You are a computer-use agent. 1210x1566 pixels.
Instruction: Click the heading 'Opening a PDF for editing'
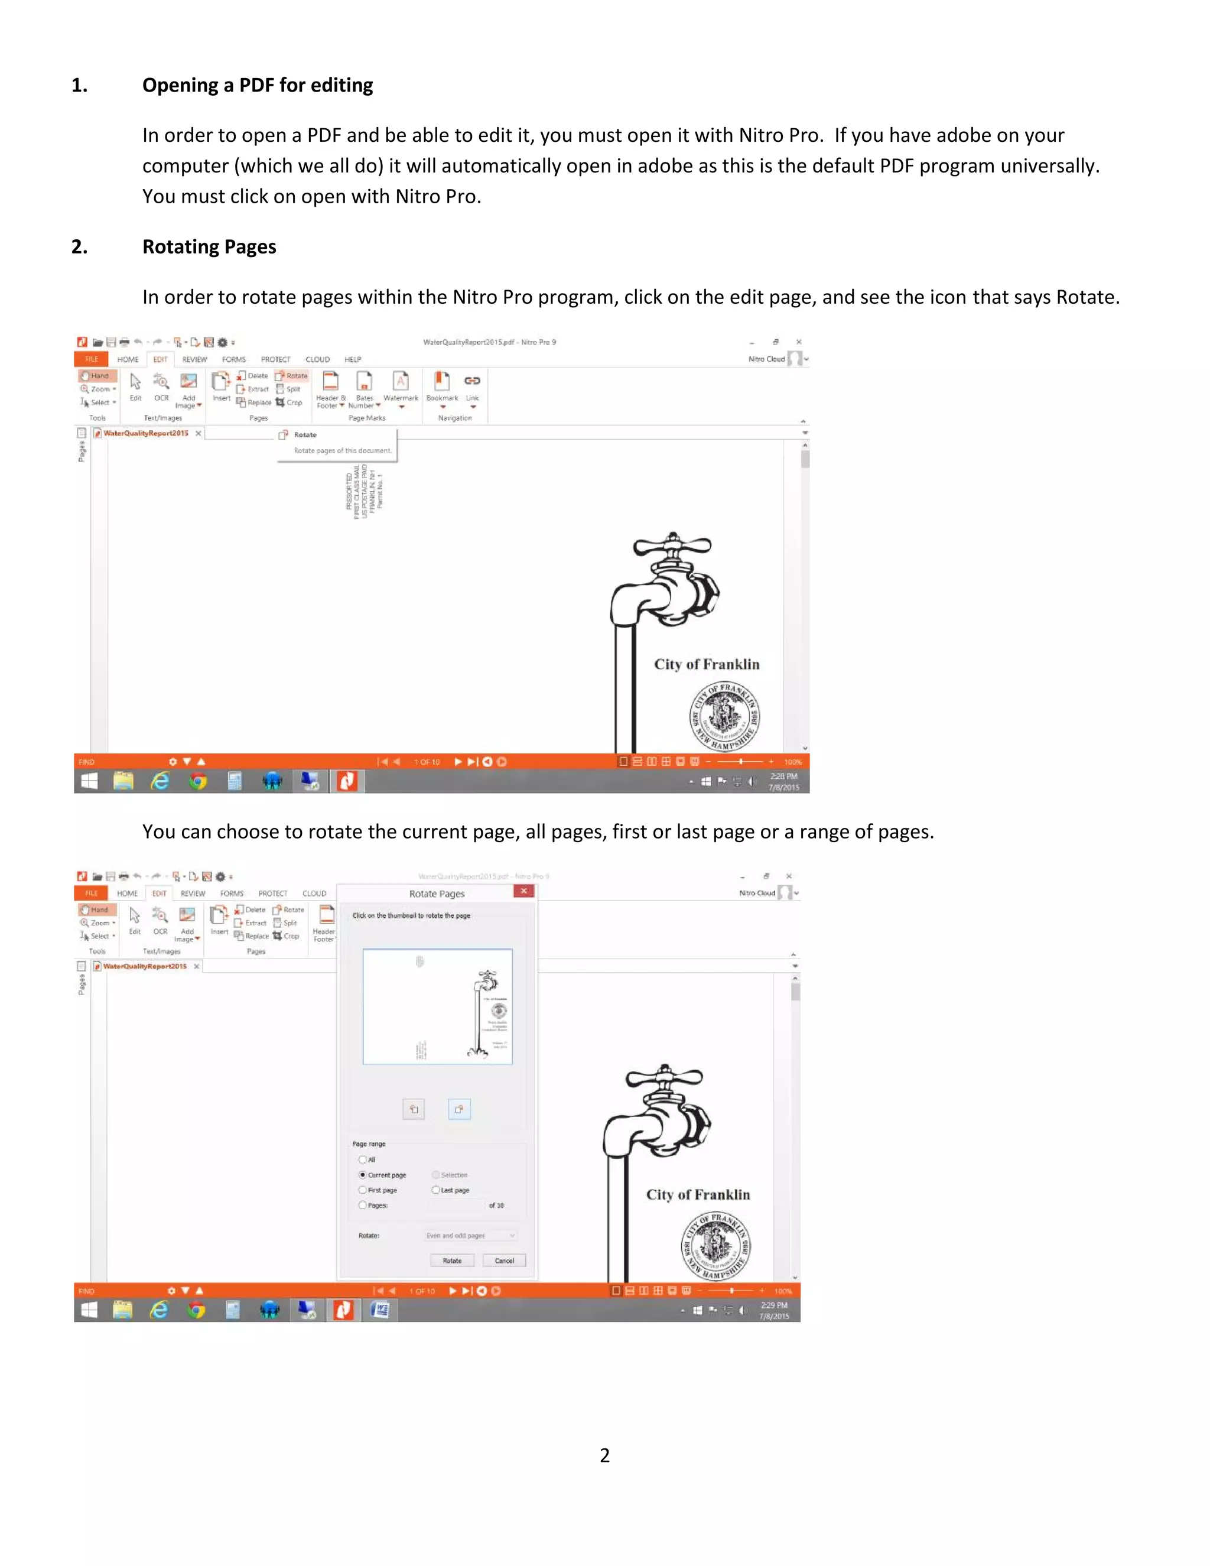point(258,85)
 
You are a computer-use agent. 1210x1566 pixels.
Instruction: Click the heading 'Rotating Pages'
point(209,246)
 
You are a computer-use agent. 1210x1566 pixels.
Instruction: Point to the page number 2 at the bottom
point(604,1455)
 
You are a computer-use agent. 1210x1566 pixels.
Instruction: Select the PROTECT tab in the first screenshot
point(275,359)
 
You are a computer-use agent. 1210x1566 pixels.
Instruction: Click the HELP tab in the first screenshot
point(353,359)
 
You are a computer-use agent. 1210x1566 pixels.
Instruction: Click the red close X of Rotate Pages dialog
point(524,891)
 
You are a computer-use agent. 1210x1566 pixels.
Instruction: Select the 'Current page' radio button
point(363,1175)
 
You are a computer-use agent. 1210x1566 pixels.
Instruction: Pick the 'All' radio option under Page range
point(363,1159)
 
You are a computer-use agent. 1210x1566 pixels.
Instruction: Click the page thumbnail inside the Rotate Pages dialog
point(437,1006)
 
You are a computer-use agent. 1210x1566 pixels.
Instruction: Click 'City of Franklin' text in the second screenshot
point(698,1194)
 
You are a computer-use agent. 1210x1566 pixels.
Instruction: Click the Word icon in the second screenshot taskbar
point(380,1310)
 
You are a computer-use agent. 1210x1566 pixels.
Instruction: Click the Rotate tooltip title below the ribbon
point(305,434)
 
